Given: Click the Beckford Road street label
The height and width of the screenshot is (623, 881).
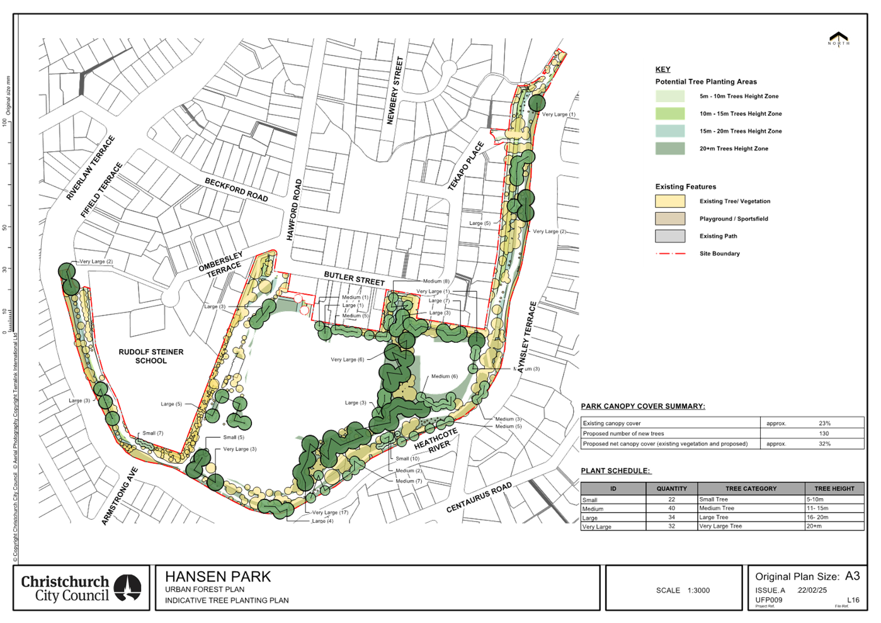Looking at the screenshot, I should [237, 189].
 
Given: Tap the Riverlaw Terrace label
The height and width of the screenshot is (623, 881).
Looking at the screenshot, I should [91, 168].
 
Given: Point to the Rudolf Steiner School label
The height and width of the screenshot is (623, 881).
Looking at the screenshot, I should [151, 356].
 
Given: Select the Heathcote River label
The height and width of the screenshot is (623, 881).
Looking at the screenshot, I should [436, 439].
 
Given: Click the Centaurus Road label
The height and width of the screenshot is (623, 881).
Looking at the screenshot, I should [479, 498].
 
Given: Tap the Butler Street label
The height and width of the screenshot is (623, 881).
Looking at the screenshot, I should [353, 278].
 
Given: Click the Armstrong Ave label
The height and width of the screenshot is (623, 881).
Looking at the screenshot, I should [119, 495].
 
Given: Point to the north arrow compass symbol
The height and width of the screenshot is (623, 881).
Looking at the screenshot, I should [838, 40].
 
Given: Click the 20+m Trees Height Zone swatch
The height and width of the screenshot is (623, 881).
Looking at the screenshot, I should [670, 149].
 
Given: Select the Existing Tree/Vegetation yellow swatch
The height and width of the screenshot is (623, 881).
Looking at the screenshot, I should [670, 202].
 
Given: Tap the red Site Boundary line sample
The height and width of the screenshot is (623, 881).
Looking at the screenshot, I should [670, 253].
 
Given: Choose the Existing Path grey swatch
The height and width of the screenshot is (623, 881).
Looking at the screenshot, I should [670, 236].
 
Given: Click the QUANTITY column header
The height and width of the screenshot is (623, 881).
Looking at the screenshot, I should [671, 488].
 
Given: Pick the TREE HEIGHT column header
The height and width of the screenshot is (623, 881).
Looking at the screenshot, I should [834, 488].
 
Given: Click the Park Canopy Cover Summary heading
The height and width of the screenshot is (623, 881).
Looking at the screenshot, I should [642, 406].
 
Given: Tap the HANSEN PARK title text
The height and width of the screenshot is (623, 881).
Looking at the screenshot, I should [218, 576].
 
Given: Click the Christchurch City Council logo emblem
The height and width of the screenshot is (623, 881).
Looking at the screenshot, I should [130, 587].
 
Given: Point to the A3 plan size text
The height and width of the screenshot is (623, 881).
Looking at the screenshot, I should [852, 576].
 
